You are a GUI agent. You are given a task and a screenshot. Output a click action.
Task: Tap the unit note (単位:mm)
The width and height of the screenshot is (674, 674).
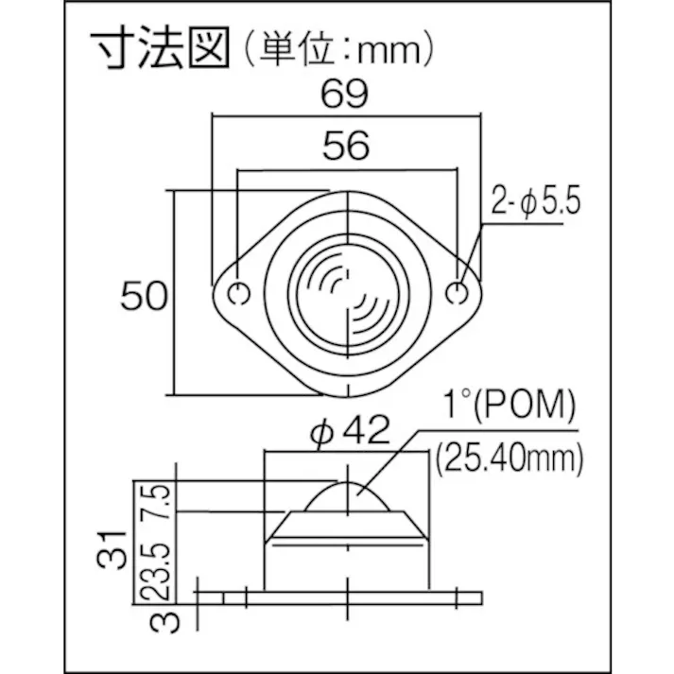(x=339, y=49)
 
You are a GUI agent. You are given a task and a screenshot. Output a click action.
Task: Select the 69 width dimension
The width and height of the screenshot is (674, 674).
(x=345, y=95)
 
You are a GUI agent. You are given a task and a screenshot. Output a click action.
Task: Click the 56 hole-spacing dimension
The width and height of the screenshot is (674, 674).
(x=346, y=146)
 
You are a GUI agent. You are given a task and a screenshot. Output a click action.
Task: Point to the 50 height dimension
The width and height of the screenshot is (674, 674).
(x=144, y=296)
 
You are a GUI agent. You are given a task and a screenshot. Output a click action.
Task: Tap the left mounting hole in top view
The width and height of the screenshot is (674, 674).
(x=238, y=294)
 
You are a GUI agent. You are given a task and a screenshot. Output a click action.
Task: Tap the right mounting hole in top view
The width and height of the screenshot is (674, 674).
(x=457, y=293)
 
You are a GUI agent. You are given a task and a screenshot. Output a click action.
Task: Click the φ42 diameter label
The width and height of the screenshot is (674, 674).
(x=350, y=430)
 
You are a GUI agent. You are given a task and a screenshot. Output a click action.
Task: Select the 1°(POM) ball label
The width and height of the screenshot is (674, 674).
(x=510, y=405)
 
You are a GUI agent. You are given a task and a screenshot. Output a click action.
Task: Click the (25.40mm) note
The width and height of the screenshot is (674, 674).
(x=510, y=458)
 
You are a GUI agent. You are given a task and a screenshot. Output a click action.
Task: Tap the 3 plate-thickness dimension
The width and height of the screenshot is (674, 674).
(x=165, y=622)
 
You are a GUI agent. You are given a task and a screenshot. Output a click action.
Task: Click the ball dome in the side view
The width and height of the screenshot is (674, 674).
(x=347, y=497)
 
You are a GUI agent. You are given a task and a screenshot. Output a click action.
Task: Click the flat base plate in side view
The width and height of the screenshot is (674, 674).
(x=353, y=598)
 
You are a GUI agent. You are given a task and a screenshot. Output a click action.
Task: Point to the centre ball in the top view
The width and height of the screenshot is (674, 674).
(x=347, y=295)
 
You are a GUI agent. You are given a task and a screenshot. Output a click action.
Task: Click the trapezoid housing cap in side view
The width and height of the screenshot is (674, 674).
(x=347, y=525)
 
